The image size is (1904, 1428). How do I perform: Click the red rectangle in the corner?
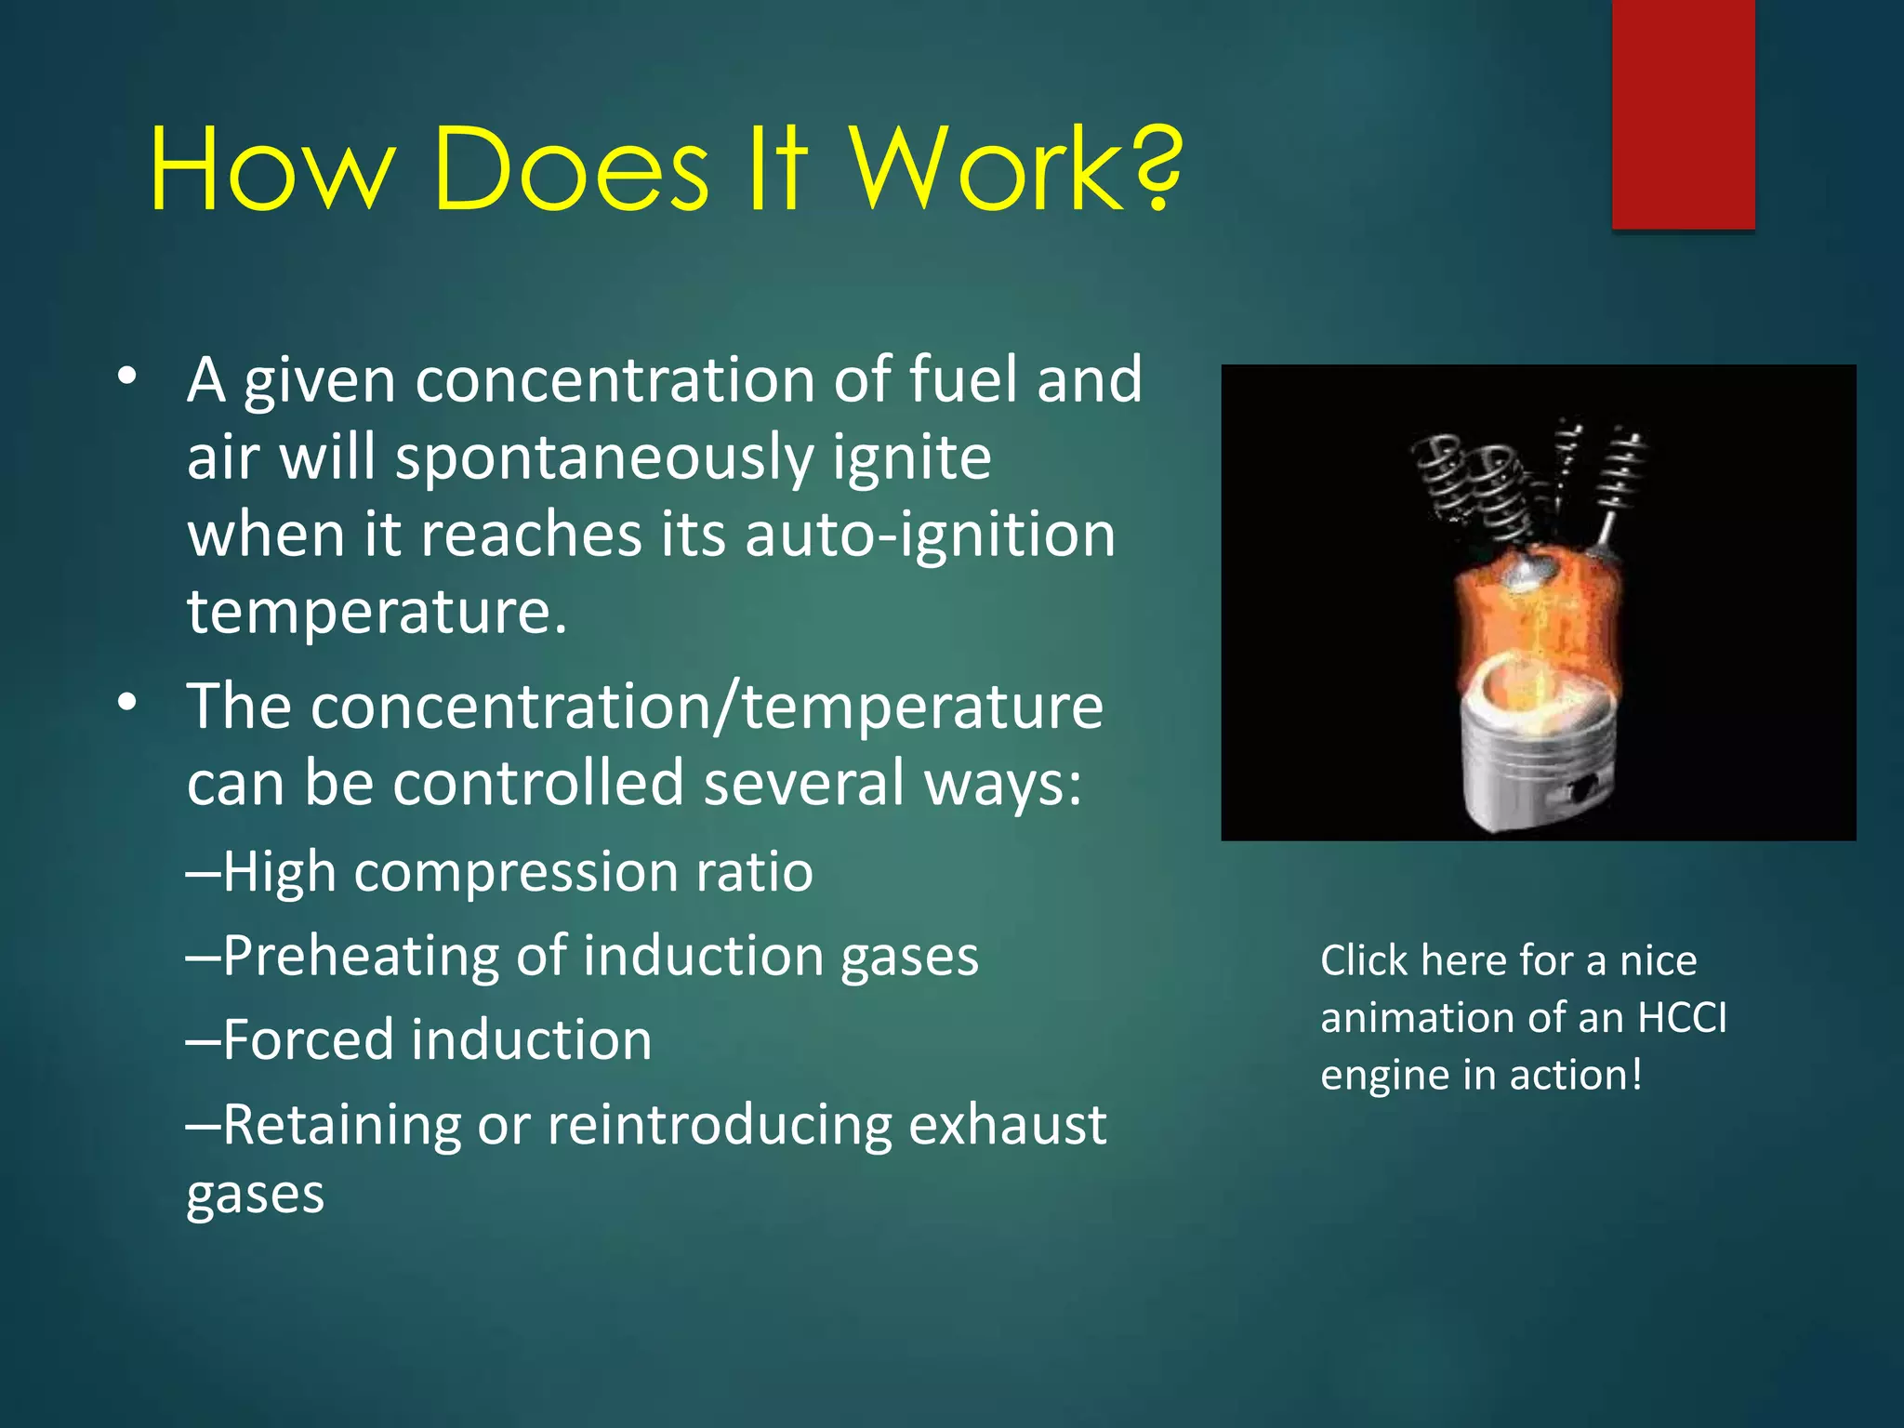1683,113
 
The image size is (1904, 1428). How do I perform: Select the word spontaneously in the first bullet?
603,458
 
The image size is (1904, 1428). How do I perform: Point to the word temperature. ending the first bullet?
377,612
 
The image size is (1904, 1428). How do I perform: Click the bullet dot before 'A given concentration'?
127,377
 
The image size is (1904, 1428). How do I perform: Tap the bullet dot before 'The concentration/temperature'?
127,703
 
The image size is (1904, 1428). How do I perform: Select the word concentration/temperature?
644,707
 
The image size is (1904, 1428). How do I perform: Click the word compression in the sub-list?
516,872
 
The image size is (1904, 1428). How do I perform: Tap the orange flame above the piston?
1539,623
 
